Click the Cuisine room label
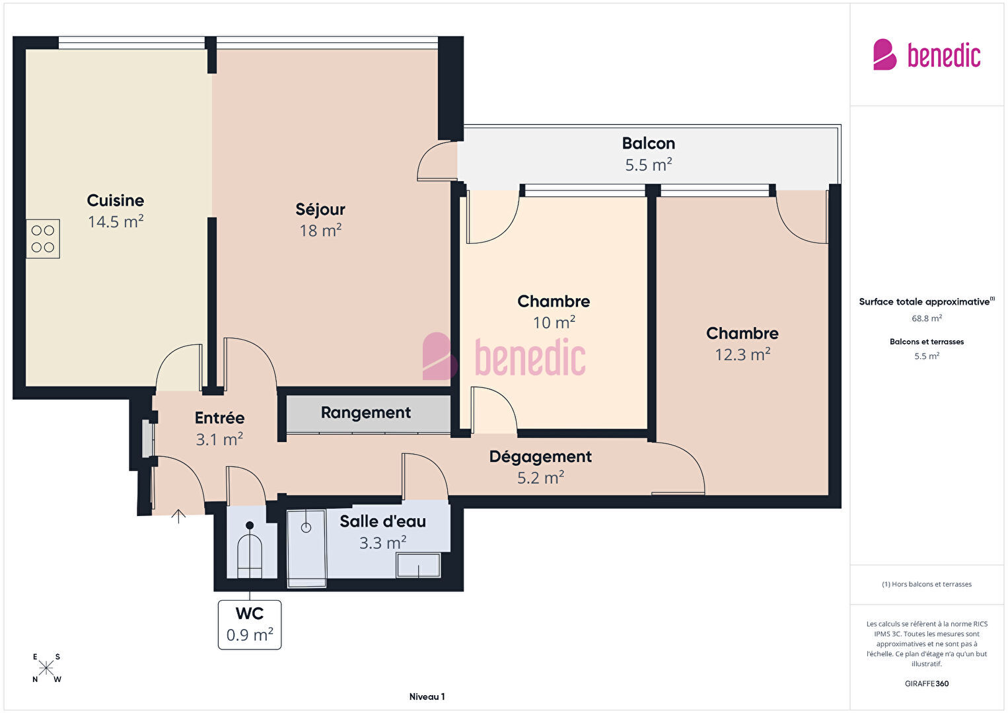[115, 200]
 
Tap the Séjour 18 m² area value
[320, 231]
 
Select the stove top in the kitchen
[43, 239]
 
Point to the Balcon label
[649, 143]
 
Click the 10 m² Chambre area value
[554, 322]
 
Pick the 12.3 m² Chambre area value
[742, 355]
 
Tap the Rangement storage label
[365, 412]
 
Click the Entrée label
[219, 418]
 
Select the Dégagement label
[540, 457]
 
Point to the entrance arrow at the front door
[178, 516]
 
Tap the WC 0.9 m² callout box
[250, 624]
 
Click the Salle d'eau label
[382, 521]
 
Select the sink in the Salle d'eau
[418, 566]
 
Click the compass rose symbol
[46, 668]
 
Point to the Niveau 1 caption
[427, 696]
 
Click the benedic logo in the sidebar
[927, 54]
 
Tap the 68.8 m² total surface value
[927, 319]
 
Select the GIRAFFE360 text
[927, 683]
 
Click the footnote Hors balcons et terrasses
[927, 584]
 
